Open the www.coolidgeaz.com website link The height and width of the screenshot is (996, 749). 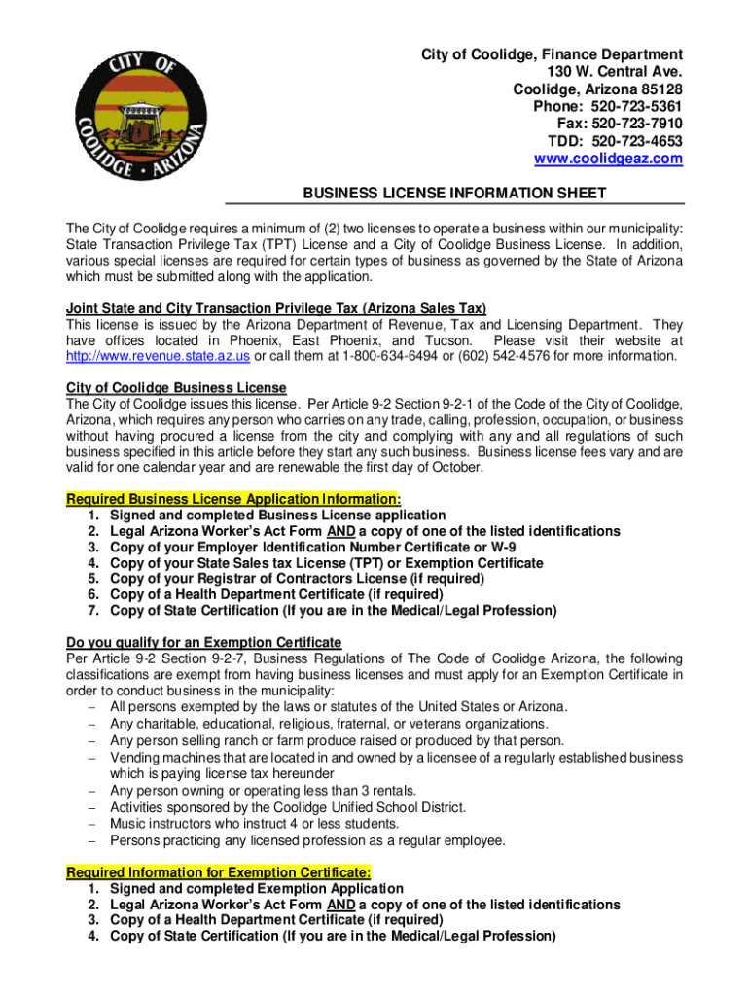[x=608, y=159]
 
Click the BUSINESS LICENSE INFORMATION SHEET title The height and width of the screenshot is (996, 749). [x=454, y=193]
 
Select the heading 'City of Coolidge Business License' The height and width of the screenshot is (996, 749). [x=176, y=387]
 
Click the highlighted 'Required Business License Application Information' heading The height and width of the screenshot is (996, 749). [x=232, y=499]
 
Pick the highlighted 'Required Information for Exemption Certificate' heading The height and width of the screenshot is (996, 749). [x=218, y=872]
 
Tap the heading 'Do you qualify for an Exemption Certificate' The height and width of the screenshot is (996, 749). [x=203, y=642]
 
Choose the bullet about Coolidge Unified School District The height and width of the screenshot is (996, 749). [x=288, y=808]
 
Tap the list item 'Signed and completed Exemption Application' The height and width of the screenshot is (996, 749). [x=257, y=889]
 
